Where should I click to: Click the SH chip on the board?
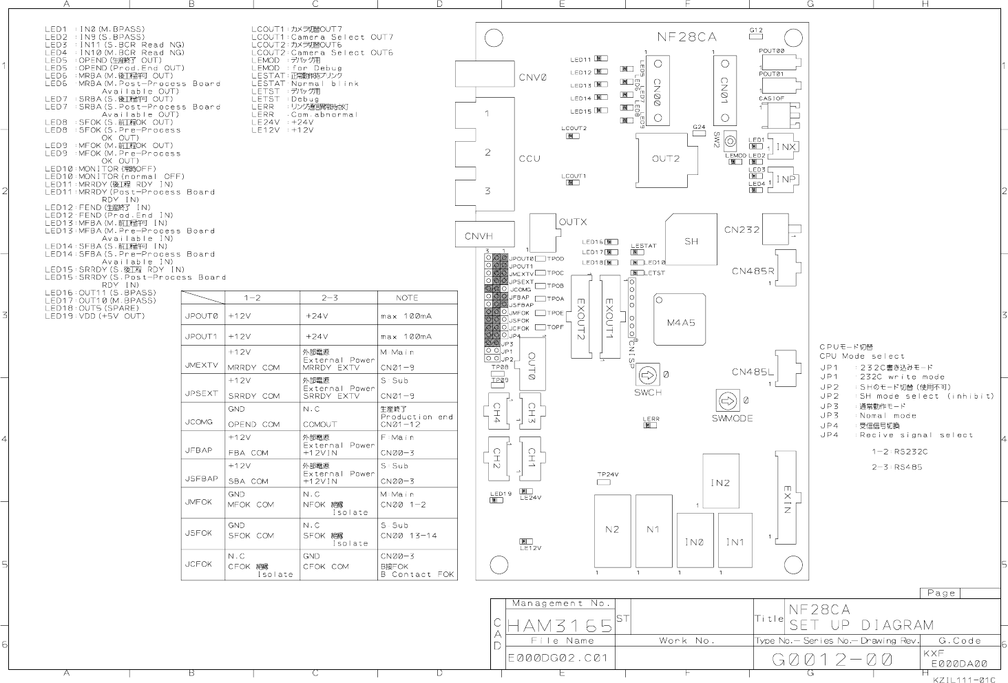(x=691, y=240)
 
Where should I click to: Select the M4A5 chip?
(x=680, y=322)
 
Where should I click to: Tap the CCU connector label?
(x=529, y=158)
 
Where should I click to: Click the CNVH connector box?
(x=485, y=235)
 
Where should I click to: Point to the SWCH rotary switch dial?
(x=647, y=375)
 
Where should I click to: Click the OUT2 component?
(x=665, y=159)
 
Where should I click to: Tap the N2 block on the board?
(x=611, y=529)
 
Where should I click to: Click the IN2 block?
(x=720, y=483)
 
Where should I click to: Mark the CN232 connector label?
(x=742, y=229)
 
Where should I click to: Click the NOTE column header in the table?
(x=407, y=297)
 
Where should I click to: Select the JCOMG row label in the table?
(x=199, y=421)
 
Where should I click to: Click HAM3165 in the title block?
(x=560, y=626)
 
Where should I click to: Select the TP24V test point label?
(x=607, y=474)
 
